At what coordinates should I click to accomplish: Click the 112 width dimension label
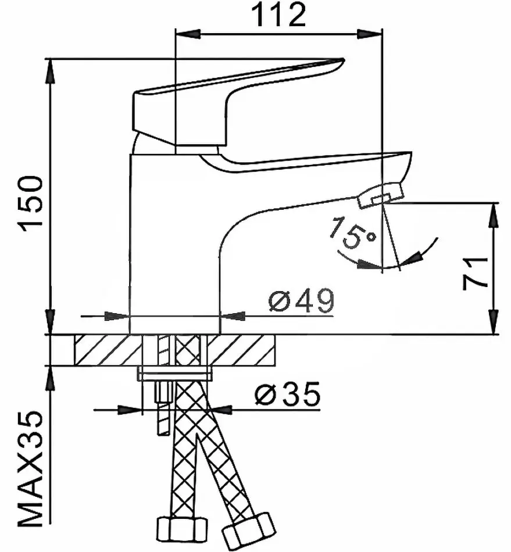[279, 15]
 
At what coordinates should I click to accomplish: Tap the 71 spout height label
[476, 274]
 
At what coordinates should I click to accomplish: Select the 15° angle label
[353, 234]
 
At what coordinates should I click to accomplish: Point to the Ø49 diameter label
[301, 301]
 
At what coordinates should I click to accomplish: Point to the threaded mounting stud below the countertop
[163, 408]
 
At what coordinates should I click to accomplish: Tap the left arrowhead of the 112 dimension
[188, 34]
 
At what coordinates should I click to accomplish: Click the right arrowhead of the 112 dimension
[370, 34]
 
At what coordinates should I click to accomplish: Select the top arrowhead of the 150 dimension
[51, 71]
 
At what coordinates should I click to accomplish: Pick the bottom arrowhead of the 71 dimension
[495, 321]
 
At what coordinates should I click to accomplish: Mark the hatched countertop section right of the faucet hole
[241, 350]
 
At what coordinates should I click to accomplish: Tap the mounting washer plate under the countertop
[175, 374]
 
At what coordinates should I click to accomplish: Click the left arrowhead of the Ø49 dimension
[117, 316]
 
